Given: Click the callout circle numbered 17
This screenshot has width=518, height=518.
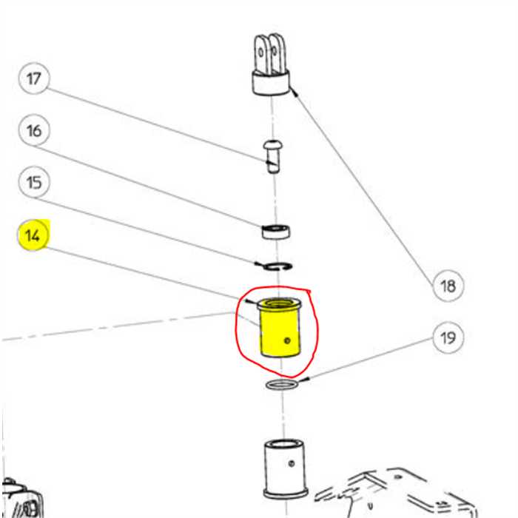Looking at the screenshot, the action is click(34, 78).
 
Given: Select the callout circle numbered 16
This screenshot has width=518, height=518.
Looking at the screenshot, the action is click(34, 130).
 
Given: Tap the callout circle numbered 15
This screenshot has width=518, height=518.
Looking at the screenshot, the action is click(34, 182).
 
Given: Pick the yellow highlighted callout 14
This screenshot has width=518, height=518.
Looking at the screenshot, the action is click(33, 235).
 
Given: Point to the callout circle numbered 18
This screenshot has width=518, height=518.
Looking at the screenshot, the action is click(448, 286).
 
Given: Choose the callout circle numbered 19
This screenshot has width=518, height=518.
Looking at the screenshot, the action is click(448, 337).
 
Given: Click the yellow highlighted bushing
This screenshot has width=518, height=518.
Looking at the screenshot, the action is click(280, 327).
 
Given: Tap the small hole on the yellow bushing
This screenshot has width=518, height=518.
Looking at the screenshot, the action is click(287, 340).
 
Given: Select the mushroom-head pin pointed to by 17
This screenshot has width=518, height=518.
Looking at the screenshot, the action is click(273, 156).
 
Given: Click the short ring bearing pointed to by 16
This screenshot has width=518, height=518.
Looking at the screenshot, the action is click(276, 231).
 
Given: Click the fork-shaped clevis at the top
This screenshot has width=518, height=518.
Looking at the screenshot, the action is click(271, 64).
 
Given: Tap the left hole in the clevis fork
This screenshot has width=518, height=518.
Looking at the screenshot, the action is click(261, 53).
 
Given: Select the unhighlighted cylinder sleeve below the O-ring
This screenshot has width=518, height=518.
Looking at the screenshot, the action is click(286, 469).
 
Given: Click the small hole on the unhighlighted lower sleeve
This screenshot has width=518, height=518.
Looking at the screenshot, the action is click(292, 463).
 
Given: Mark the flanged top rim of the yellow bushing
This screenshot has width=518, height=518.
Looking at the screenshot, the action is click(279, 304).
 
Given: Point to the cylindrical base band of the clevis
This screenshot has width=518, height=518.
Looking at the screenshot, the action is click(271, 83).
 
